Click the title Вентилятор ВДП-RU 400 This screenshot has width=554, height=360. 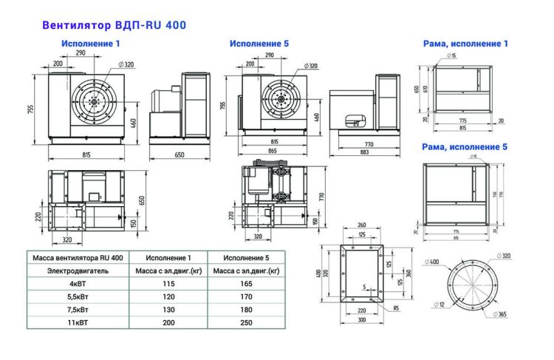tap(114, 24)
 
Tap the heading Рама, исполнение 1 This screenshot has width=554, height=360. tap(465, 44)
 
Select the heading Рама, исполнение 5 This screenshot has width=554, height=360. tap(465, 147)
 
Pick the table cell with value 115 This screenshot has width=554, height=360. tap(168, 283)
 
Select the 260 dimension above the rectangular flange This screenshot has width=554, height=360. tap(362, 225)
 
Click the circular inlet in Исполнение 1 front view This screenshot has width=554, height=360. tap(95, 101)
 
